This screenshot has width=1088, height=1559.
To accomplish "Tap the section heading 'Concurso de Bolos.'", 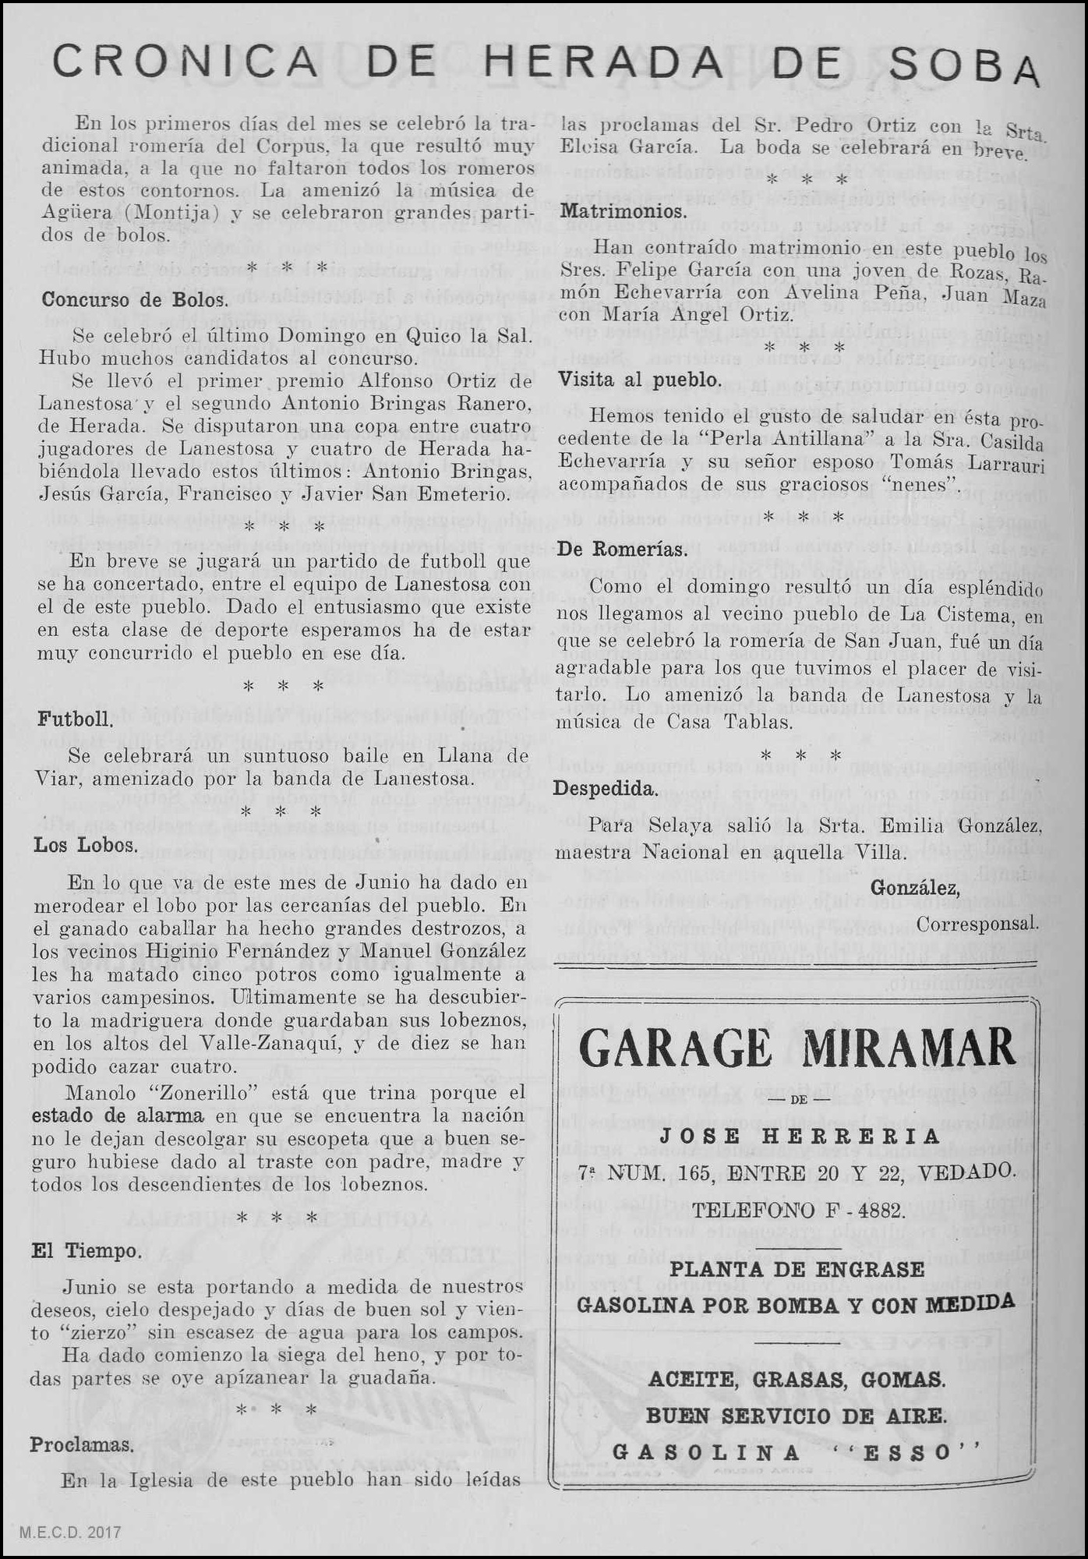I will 135,300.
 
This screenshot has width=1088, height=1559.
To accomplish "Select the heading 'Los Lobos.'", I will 86,845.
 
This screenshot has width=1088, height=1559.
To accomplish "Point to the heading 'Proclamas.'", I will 81,1444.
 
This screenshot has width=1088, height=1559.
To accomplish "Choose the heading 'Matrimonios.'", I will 623,211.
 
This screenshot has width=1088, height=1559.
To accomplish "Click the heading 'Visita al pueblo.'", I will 638,380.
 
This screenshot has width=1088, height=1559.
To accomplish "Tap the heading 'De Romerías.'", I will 623,549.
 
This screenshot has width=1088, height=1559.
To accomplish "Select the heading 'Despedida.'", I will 605,789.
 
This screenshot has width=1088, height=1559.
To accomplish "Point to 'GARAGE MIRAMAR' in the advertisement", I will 797,1048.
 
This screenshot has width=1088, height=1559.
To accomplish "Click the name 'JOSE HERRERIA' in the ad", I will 800,1137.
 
